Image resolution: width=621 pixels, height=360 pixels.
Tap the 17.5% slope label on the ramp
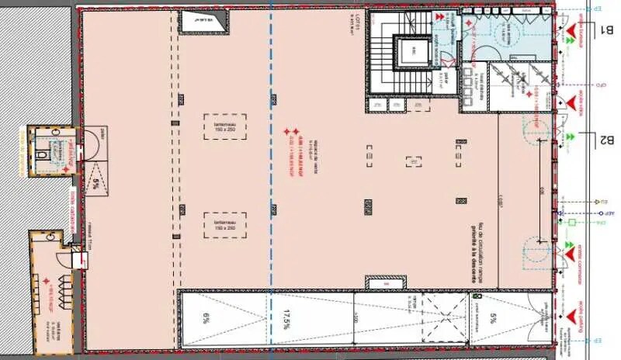tap(287, 317)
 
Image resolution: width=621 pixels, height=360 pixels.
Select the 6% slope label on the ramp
tap(206, 317)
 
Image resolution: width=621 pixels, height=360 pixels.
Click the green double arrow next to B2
tap(571, 137)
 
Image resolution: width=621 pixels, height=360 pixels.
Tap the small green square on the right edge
tap(571, 223)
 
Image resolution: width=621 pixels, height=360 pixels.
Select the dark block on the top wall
tap(205, 22)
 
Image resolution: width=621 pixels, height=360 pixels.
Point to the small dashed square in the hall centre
tap(413, 161)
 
